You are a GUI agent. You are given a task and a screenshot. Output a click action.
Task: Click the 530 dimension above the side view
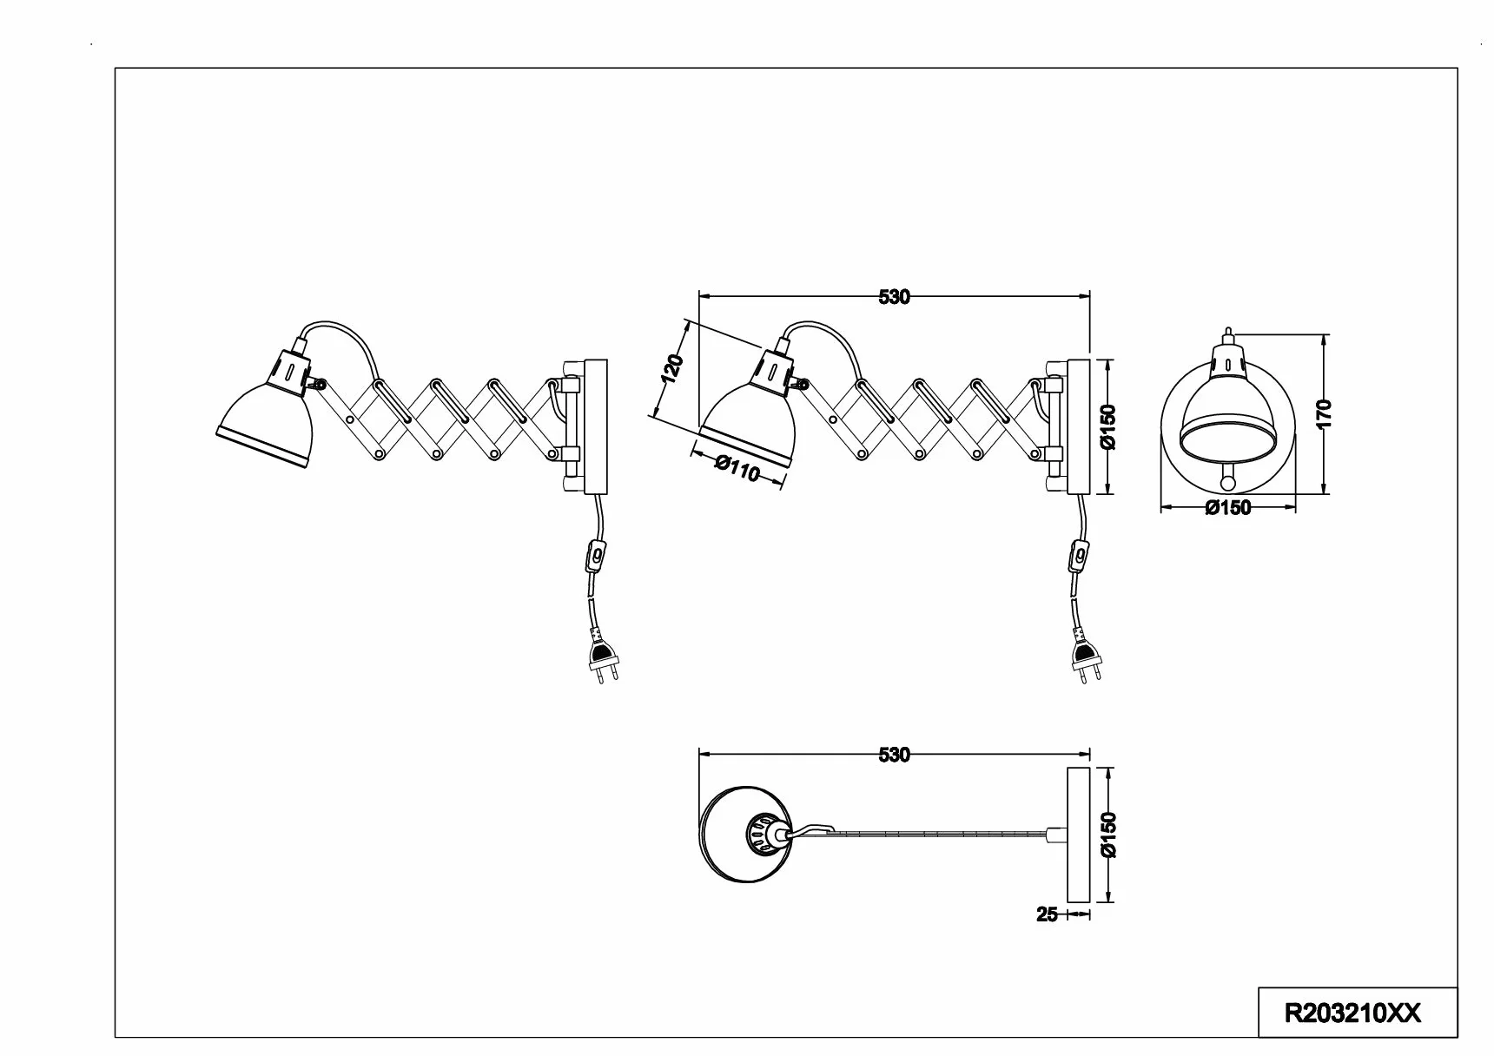click(894, 297)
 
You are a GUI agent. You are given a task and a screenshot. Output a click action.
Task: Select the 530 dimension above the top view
click(894, 755)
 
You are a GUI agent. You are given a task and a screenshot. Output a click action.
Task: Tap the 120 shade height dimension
click(673, 368)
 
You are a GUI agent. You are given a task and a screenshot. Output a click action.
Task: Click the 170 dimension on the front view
click(1324, 415)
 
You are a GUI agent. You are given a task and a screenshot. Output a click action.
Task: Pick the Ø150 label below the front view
click(1228, 508)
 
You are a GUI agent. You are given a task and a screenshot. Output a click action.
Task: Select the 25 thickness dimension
click(1048, 914)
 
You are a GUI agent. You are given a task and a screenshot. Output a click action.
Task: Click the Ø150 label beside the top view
click(1107, 835)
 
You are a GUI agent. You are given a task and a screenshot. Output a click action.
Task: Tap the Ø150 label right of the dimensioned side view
click(1107, 426)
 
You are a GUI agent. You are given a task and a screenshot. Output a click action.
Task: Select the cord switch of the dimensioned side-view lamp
click(1079, 556)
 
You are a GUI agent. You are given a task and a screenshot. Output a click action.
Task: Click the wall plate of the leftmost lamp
click(595, 426)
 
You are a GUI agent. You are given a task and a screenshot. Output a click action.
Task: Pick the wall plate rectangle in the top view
click(1078, 835)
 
